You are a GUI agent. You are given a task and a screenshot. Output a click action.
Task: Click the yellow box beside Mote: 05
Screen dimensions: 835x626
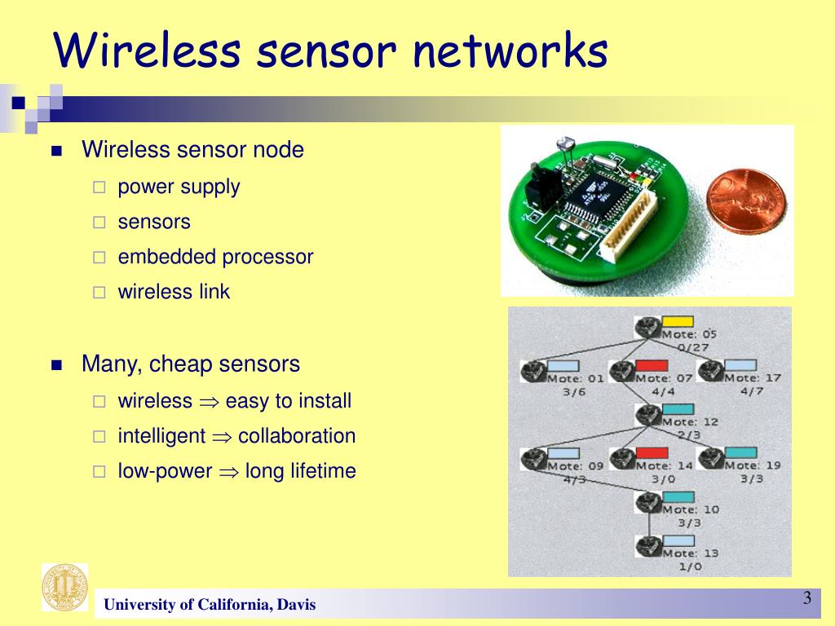pos(677,321)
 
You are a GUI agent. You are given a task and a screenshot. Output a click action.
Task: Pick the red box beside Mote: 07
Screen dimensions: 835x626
pos(651,365)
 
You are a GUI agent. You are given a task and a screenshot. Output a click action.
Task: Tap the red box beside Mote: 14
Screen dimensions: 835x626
pos(652,452)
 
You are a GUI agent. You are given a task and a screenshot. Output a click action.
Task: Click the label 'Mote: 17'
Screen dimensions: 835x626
pos(752,378)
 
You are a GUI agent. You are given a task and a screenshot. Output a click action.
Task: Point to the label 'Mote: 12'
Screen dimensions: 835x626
pos(689,422)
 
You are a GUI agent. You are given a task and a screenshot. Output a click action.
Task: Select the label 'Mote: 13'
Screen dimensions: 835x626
pos(689,553)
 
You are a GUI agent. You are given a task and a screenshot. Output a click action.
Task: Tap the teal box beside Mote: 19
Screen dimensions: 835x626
pos(740,452)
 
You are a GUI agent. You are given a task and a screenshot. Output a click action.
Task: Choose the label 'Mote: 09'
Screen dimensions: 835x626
pos(575,466)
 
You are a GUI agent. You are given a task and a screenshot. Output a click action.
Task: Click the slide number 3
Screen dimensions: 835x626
pos(806,598)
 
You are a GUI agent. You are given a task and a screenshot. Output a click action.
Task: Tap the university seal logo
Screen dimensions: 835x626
pos(64,587)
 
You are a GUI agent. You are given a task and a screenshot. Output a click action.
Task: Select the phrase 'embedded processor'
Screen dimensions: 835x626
pos(215,257)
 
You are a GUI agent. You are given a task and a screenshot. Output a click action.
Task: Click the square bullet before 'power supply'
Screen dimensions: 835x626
pos(99,187)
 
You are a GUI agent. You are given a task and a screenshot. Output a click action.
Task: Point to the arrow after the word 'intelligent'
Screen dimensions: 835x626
pos(222,437)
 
